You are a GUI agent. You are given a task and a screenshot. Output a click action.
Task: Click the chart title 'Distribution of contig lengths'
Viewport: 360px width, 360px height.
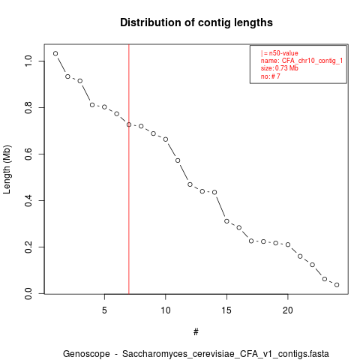196,22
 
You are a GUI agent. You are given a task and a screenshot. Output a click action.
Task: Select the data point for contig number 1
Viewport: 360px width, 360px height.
55,53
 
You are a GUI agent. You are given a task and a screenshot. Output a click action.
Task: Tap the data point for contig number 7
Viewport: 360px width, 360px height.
129,124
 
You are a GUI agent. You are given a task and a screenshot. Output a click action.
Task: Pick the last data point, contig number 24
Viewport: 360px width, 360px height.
337,285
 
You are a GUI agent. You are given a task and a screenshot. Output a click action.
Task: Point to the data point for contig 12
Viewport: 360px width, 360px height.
190,184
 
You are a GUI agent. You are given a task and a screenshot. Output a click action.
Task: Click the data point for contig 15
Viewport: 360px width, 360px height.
226,221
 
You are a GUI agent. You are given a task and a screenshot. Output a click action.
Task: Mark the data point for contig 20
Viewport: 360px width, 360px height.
288,244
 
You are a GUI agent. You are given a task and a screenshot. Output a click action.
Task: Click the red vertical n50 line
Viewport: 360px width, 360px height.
129,169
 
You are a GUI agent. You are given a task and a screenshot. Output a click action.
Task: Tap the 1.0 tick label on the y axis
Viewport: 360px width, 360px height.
28,61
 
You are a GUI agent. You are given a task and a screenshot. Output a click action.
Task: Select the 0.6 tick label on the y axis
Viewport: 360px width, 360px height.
28,154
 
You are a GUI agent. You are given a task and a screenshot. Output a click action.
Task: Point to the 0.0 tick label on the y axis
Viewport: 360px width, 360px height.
28,293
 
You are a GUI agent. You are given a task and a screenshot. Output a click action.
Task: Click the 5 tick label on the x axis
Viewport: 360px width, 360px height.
104,310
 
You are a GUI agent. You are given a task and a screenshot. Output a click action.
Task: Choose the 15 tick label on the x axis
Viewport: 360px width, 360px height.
226,310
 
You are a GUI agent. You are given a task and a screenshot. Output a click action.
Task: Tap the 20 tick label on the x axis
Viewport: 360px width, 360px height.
288,310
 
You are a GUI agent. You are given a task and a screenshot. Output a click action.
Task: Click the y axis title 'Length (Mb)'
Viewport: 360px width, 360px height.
7,169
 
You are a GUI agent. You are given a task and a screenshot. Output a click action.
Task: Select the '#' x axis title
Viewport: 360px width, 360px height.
196,332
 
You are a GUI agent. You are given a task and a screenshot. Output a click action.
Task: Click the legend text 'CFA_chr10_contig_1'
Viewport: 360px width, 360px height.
312,61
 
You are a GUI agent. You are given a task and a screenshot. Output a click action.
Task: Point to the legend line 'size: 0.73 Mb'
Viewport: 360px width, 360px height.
280,68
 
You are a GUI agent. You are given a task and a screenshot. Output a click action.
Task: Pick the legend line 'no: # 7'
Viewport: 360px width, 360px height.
271,76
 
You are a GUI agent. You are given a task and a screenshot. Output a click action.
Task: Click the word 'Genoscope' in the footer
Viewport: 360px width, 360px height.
86,354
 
